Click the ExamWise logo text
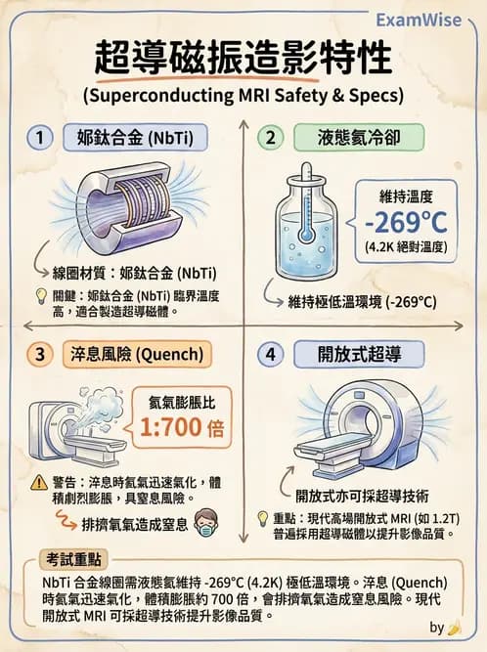click(424, 20)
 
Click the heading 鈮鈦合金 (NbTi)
click(135, 138)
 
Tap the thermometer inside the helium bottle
click(305, 221)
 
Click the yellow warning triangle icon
click(39, 482)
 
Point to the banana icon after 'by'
click(454, 628)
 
